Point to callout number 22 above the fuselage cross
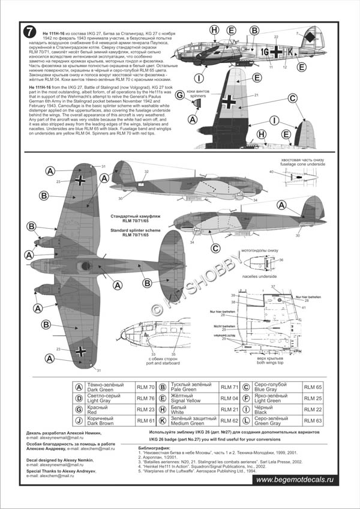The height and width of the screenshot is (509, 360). [x=275, y=37]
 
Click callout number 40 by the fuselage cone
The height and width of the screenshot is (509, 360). [x=271, y=172]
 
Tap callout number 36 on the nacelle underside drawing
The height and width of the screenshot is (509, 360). [x=280, y=260]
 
